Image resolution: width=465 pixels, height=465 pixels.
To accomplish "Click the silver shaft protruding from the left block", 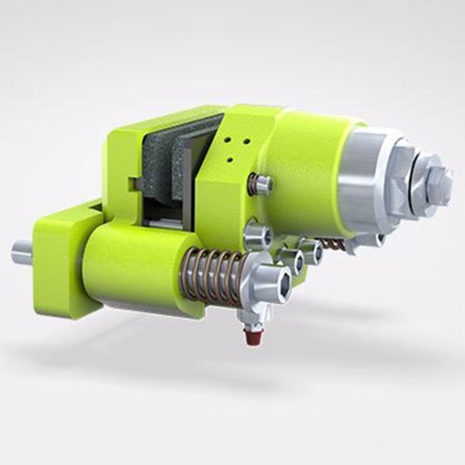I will coord(21,251).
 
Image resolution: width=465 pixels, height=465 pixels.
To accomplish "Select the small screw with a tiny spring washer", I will coord(262,184).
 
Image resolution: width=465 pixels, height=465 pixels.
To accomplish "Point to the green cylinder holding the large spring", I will coord(130,264).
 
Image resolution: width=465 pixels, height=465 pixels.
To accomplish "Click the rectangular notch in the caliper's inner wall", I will coord(139,185).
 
